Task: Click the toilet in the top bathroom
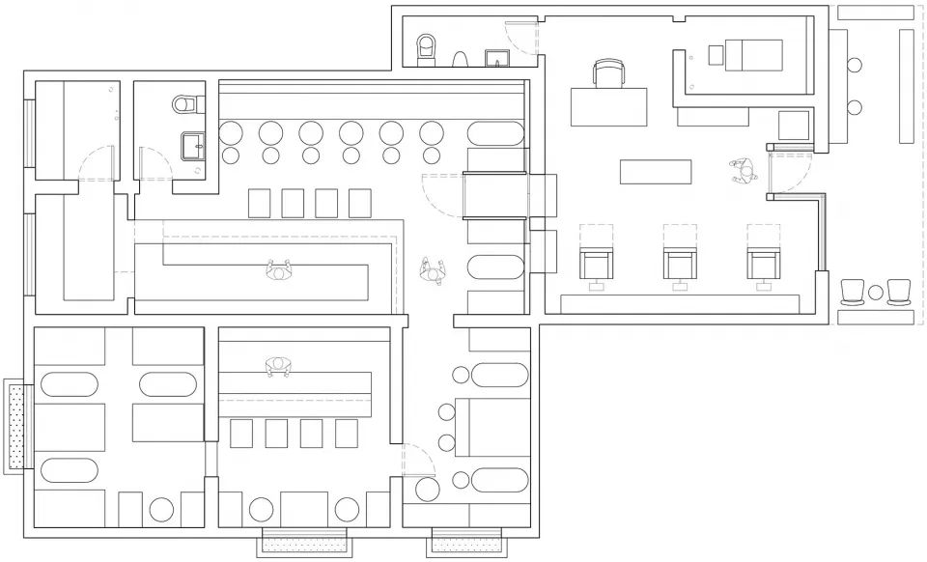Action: pyautogui.click(x=426, y=47)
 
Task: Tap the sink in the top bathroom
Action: pyautogui.click(x=497, y=57)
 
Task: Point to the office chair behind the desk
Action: pyautogui.click(x=608, y=73)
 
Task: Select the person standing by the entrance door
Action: pyautogui.click(x=743, y=171)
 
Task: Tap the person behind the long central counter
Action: pyautogui.click(x=279, y=270)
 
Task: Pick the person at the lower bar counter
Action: pyautogui.click(x=278, y=366)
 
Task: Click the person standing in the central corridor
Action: pyautogui.click(x=432, y=270)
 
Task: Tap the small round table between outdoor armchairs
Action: pyautogui.click(x=876, y=292)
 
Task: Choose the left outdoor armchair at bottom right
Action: pyautogui.click(x=853, y=291)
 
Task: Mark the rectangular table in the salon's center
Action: pyautogui.click(x=657, y=172)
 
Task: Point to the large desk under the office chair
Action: pyautogui.click(x=608, y=106)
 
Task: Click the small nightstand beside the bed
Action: pyautogui.click(x=715, y=56)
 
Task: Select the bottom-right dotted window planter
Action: pyautogui.click(x=465, y=543)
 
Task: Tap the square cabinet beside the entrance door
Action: pyautogui.click(x=794, y=126)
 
